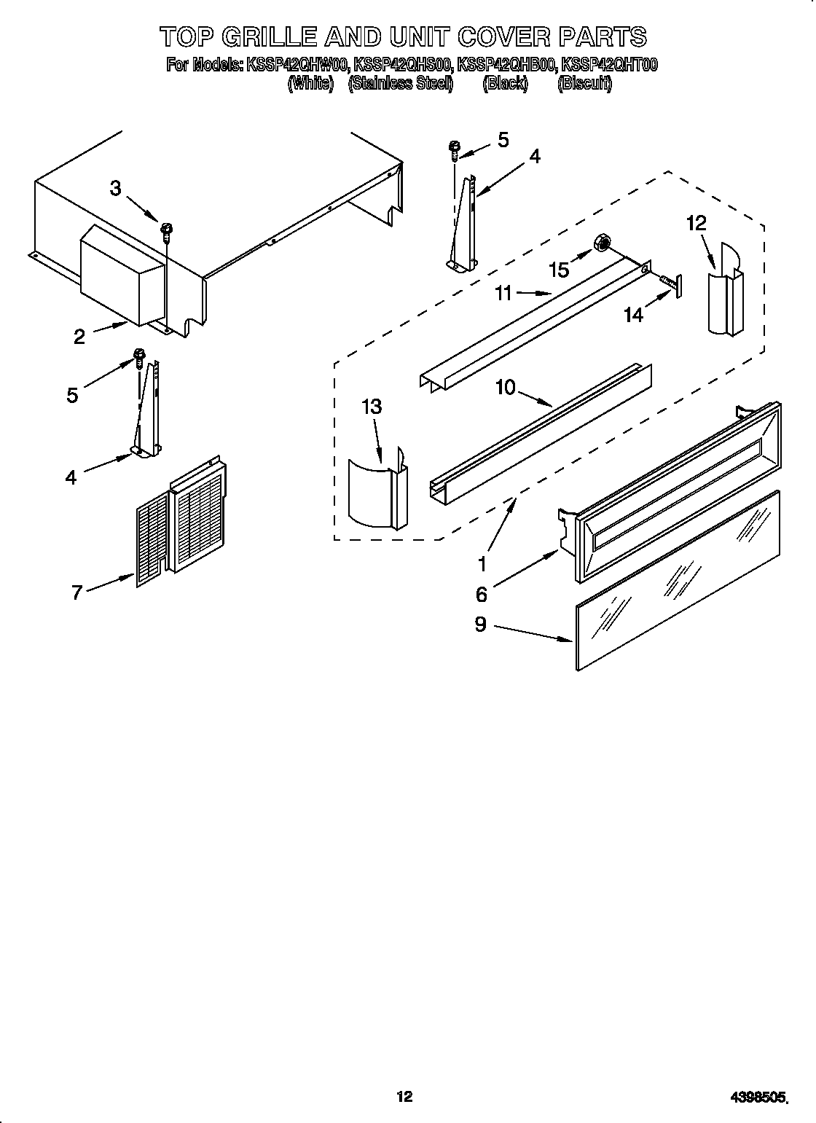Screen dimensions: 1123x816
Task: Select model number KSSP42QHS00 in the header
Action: click(403, 65)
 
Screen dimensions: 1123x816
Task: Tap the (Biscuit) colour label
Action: click(584, 83)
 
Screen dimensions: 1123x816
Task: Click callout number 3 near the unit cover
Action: click(116, 188)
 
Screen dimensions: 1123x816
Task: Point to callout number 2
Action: click(79, 336)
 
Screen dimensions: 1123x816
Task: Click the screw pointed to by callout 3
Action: click(167, 231)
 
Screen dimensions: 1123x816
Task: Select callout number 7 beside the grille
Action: click(76, 592)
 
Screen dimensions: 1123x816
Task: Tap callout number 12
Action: click(697, 223)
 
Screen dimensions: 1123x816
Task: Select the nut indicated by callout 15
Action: click(603, 243)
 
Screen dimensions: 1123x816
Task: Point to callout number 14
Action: click(634, 315)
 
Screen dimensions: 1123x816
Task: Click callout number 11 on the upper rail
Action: click(503, 294)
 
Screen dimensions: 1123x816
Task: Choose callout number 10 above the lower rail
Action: click(506, 387)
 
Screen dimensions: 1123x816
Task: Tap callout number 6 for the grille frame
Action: click(481, 594)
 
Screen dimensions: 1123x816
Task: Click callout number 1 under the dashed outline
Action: click(481, 563)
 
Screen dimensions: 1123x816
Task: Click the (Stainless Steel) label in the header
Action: click(401, 83)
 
